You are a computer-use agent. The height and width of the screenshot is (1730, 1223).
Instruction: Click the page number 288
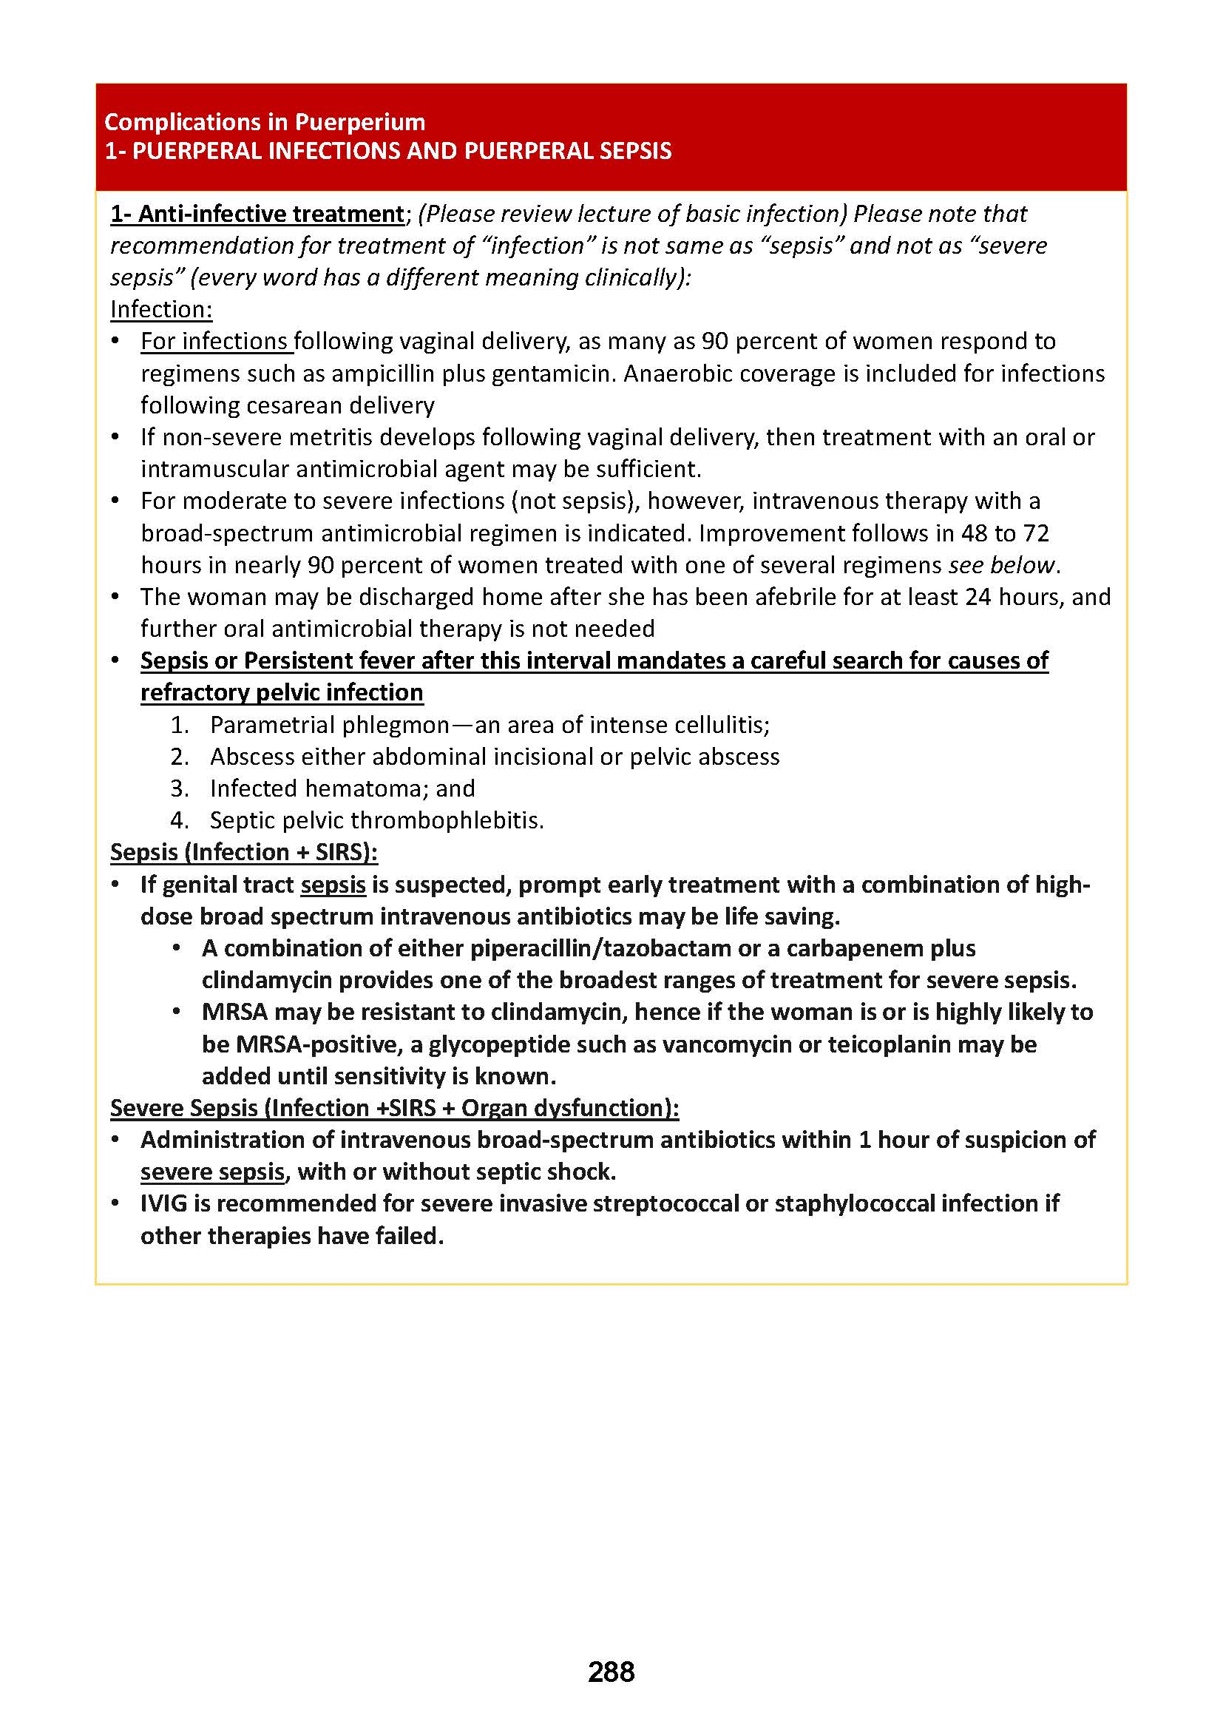tap(611, 1672)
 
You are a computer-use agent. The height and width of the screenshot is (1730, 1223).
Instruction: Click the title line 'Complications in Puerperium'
tap(264, 122)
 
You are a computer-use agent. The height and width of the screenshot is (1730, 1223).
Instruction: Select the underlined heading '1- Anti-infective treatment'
tap(257, 214)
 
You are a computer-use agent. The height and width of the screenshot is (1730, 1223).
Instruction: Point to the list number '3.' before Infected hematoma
tap(179, 789)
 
